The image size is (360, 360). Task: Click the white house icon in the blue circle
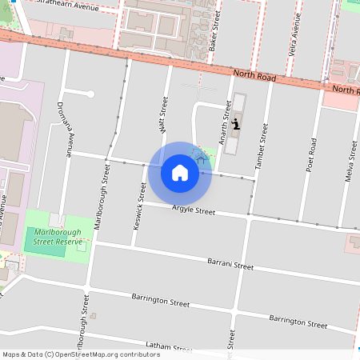(x=179, y=173)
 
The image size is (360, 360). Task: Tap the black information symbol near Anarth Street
(x=236, y=124)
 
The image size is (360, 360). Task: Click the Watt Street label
(x=163, y=114)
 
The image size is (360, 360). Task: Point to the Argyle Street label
(x=194, y=211)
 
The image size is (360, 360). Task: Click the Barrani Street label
(x=230, y=264)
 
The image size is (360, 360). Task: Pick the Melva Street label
(x=350, y=160)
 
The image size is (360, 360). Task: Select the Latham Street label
(x=170, y=346)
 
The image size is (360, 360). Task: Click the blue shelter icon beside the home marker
(x=201, y=160)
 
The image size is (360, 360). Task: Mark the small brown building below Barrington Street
(x=93, y=315)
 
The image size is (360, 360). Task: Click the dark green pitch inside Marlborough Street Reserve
(x=50, y=246)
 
